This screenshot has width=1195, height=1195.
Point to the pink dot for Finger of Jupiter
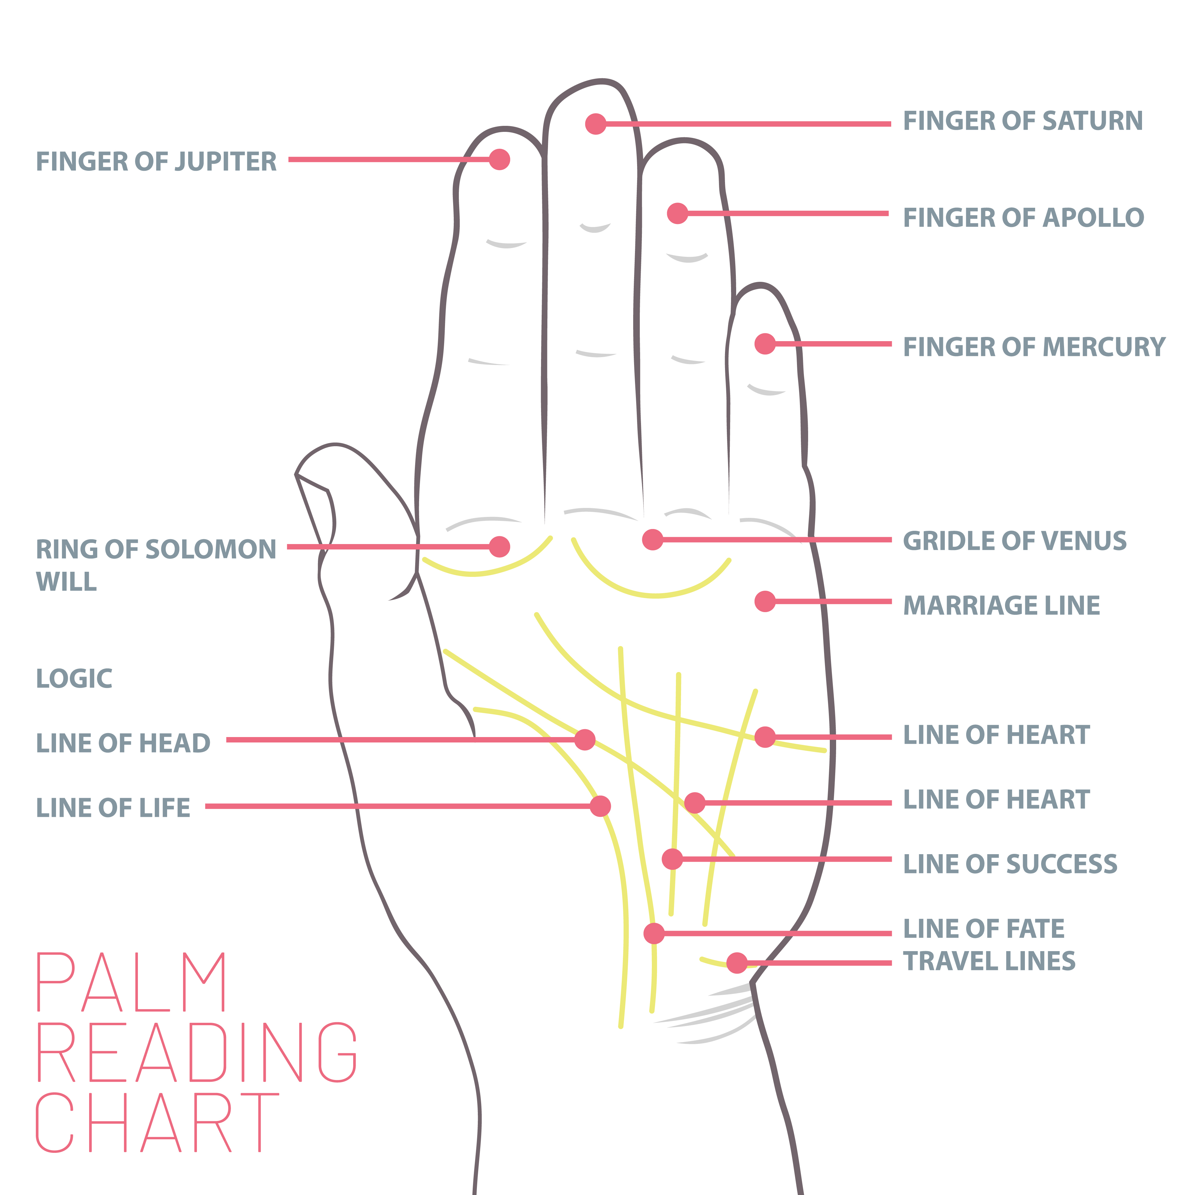pyautogui.click(x=499, y=160)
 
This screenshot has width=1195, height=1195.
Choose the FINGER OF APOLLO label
pyautogui.click(x=1023, y=218)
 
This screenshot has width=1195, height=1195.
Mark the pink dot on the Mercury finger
pyautogui.click(x=765, y=344)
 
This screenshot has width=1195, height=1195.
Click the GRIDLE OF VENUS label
pyautogui.click(x=1014, y=541)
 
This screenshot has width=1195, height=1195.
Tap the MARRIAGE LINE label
pyautogui.click(x=1001, y=605)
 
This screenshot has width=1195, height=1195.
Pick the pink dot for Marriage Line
pyautogui.click(x=765, y=601)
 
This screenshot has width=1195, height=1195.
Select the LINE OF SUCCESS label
pyautogui.click(x=1010, y=864)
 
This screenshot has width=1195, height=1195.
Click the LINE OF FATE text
pyautogui.click(x=983, y=929)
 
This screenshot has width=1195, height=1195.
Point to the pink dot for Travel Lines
pyautogui.click(x=737, y=963)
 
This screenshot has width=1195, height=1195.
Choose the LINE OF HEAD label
pyautogui.click(x=123, y=743)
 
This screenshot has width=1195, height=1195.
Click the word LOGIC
pyautogui.click(x=74, y=679)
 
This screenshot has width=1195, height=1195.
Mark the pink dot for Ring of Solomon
pyautogui.click(x=499, y=547)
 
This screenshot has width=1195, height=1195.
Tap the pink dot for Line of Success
pyautogui.click(x=672, y=859)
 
